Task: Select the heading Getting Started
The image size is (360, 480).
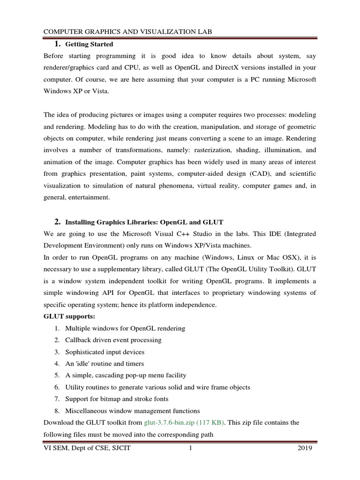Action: pyautogui.click(x=89, y=45)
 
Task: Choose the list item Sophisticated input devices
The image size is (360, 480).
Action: pyautogui.click(x=105, y=352)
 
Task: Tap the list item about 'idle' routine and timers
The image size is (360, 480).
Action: pyautogui.click(x=105, y=363)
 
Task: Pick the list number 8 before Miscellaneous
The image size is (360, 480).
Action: pyautogui.click(x=56, y=411)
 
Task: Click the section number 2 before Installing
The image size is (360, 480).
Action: pyautogui.click(x=57, y=221)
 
